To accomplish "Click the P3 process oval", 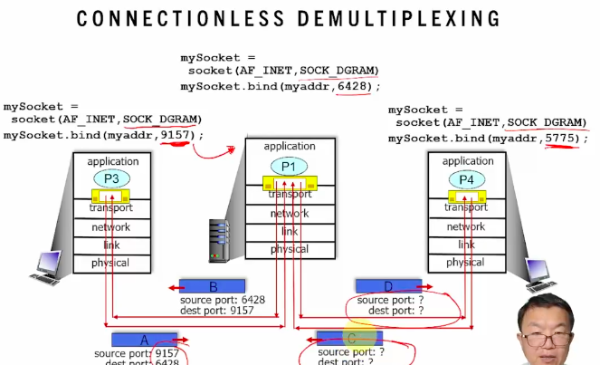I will [111, 178].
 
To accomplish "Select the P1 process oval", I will [289, 166].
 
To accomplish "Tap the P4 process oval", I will [466, 179].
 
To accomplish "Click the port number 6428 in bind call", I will [354, 86].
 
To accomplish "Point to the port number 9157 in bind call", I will [176, 135].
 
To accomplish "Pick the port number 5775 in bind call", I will [562, 138].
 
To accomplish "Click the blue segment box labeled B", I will [212, 286].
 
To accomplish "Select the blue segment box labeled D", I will [388, 286].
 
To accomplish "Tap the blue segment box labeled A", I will [144, 339].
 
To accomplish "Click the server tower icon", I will [218, 236].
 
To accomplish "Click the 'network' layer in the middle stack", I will [290, 214].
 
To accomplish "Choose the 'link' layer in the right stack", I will [466, 245].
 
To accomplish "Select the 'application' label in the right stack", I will [467, 161].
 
